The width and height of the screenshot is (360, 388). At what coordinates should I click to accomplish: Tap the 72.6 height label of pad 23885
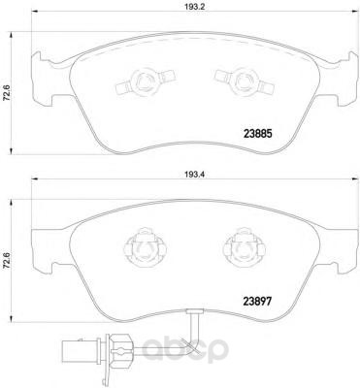[x=6, y=93]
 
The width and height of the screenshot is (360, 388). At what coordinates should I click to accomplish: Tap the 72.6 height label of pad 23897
[x=6, y=261]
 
